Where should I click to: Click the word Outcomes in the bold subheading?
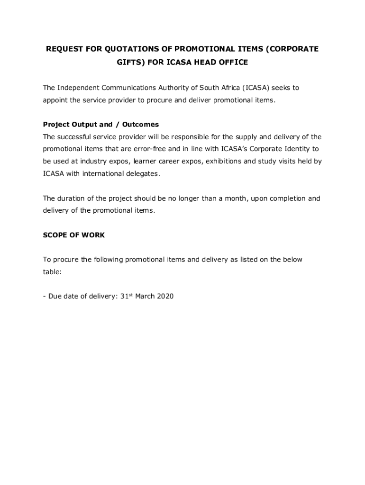coord(140,125)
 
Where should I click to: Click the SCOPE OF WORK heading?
coord(74,235)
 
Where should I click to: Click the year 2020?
coord(164,296)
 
